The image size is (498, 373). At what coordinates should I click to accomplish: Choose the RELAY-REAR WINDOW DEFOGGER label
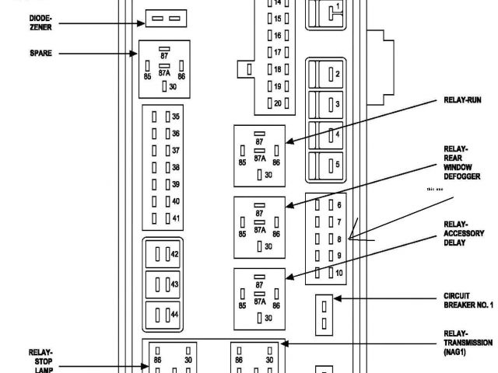(461, 163)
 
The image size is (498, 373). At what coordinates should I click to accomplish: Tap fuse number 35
(167, 117)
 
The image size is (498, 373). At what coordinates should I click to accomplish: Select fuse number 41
(167, 218)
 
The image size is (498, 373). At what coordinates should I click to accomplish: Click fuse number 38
(167, 168)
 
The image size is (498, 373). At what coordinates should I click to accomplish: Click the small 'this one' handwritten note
(434, 190)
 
